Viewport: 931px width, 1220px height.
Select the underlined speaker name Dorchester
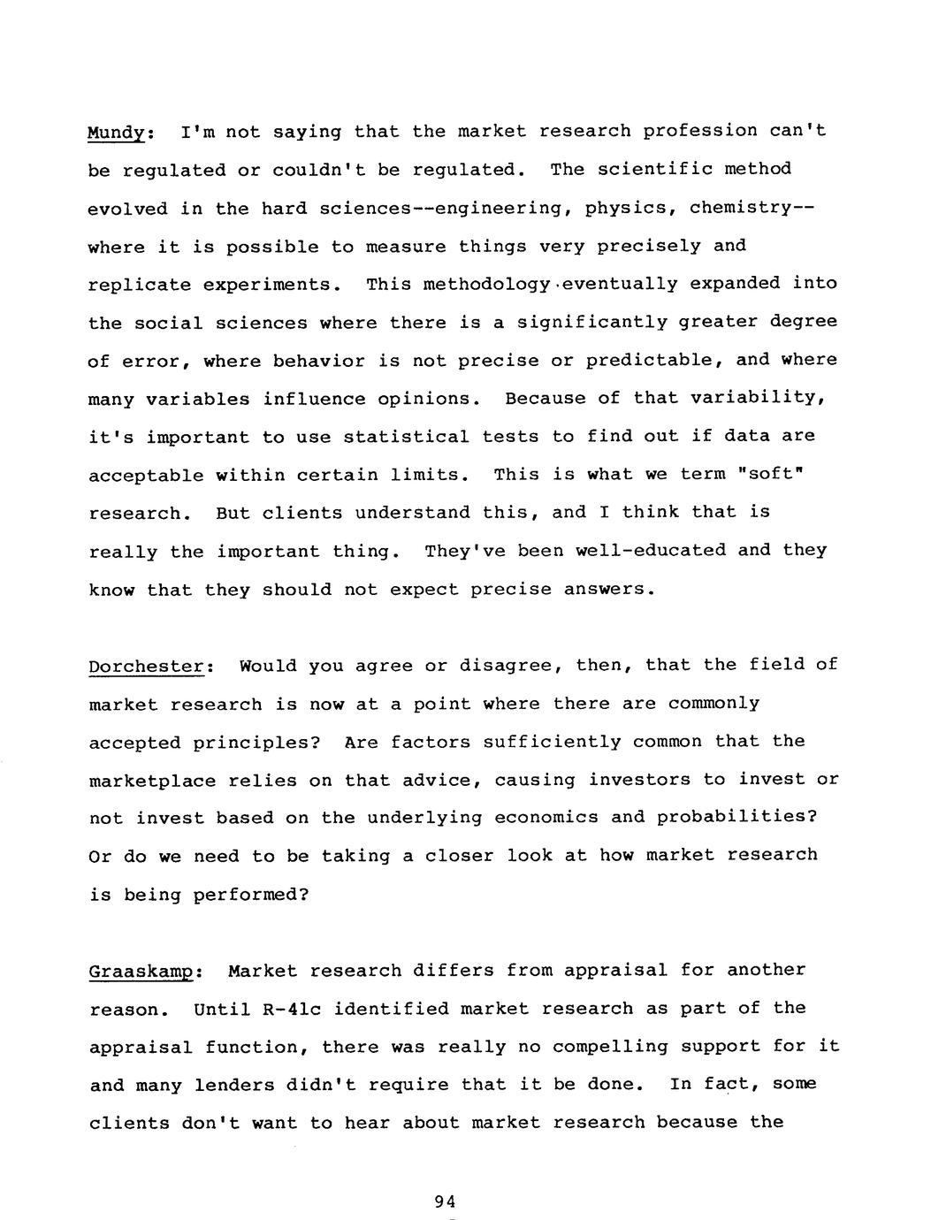(146, 667)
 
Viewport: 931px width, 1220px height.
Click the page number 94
(445, 1201)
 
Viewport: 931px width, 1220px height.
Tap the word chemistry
(744, 209)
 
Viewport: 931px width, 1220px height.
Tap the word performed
(250, 894)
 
